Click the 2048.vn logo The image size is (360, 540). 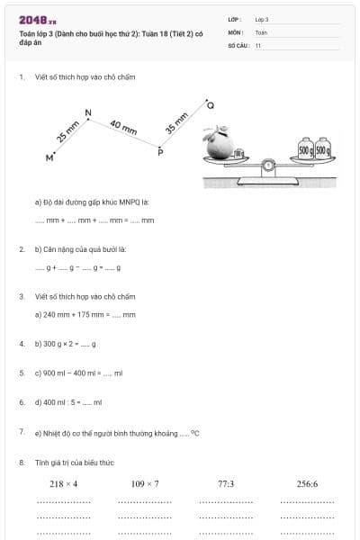[x=38, y=20]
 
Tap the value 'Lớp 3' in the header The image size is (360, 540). [x=262, y=19]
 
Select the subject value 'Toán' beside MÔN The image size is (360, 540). [x=261, y=31]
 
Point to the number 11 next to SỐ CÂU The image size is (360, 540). [x=258, y=44]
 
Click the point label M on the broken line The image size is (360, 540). [x=49, y=157]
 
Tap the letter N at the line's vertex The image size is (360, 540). [x=87, y=112]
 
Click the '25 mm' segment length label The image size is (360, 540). [x=67, y=132]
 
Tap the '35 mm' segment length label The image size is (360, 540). [x=177, y=123]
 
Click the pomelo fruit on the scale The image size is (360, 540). [x=220, y=144]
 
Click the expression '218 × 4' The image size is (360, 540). [x=63, y=483]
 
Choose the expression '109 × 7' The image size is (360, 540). [x=145, y=483]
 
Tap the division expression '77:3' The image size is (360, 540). [x=226, y=483]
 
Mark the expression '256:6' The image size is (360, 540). [x=307, y=483]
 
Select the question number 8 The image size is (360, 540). [x=22, y=462]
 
